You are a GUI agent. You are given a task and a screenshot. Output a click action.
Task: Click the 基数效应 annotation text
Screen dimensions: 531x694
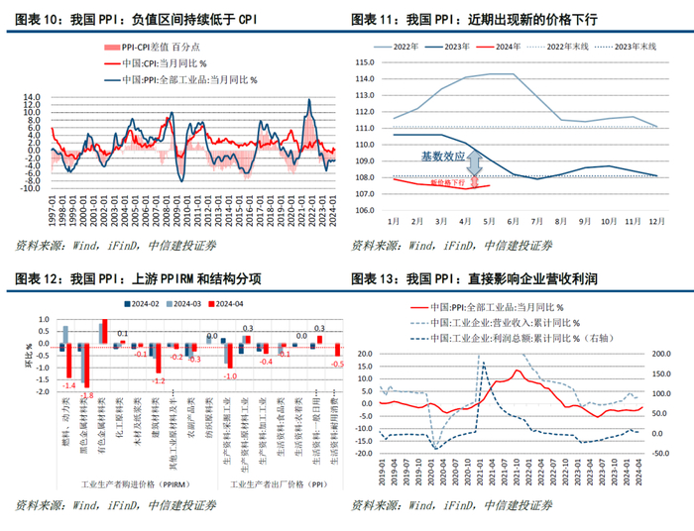pos(441,157)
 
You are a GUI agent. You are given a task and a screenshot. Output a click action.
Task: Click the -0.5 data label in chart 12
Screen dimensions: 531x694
pos(337,365)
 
